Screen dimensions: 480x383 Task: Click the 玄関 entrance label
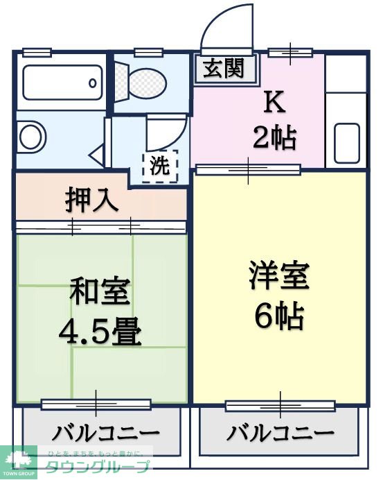coord(224,69)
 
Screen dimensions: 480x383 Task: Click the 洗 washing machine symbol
coord(160,166)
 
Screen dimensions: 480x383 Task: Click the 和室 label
coord(99,291)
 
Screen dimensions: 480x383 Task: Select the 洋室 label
coord(279,276)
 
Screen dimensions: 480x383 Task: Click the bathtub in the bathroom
coord(62,83)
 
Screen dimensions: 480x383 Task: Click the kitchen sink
coord(346,142)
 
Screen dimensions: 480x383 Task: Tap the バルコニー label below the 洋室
coord(280,434)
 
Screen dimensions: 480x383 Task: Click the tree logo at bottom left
coord(17,461)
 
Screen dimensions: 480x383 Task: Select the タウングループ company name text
coord(98,467)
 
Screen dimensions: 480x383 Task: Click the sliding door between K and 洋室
coord(248,169)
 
